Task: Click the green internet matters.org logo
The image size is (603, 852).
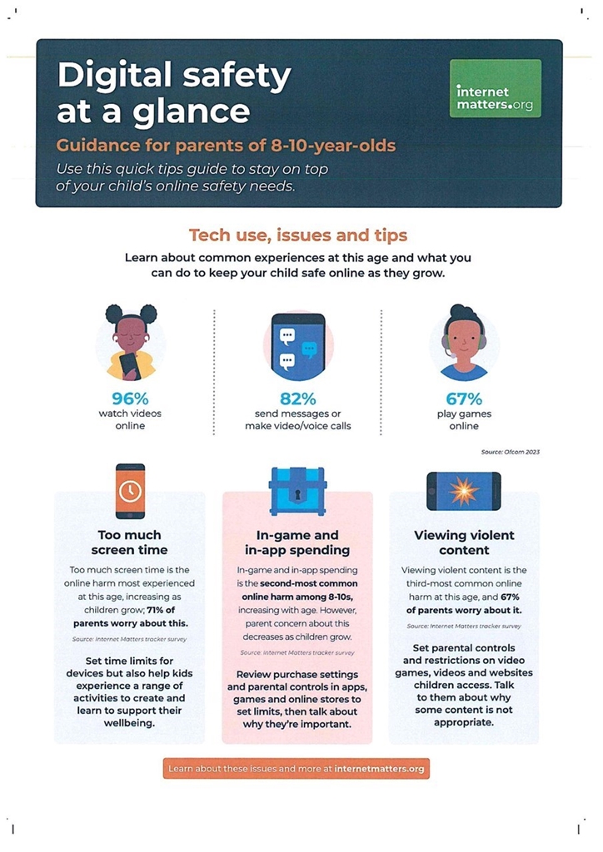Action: tap(496, 88)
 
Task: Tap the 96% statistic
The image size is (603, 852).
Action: tap(130, 399)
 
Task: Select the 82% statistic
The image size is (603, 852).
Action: tap(298, 399)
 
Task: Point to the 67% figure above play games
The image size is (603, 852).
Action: tap(464, 399)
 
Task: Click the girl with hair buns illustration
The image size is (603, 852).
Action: tap(131, 342)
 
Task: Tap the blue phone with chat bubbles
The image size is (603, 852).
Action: tap(298, 346)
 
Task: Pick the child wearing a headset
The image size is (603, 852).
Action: tap(464, 342)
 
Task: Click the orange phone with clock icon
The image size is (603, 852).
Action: tap(131, 491)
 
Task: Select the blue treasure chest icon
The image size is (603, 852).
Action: tap(297, 491)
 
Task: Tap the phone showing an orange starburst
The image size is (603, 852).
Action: tap(464, 491)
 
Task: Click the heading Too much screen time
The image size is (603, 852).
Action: tap(129, 542)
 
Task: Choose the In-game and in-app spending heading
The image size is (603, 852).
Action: tap(297, 542)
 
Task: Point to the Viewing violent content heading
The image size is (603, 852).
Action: tap(464, 542)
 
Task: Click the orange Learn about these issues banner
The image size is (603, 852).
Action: tap(297, 768)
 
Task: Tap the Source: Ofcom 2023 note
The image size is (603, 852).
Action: tap(511, 452)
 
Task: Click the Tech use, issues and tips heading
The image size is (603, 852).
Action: tap(298, 235)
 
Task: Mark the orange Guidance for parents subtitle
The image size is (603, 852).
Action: tap(227, 146)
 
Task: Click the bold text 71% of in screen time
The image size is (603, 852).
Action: tap(161, 610)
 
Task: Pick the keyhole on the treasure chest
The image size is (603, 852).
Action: tap(297, 495)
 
